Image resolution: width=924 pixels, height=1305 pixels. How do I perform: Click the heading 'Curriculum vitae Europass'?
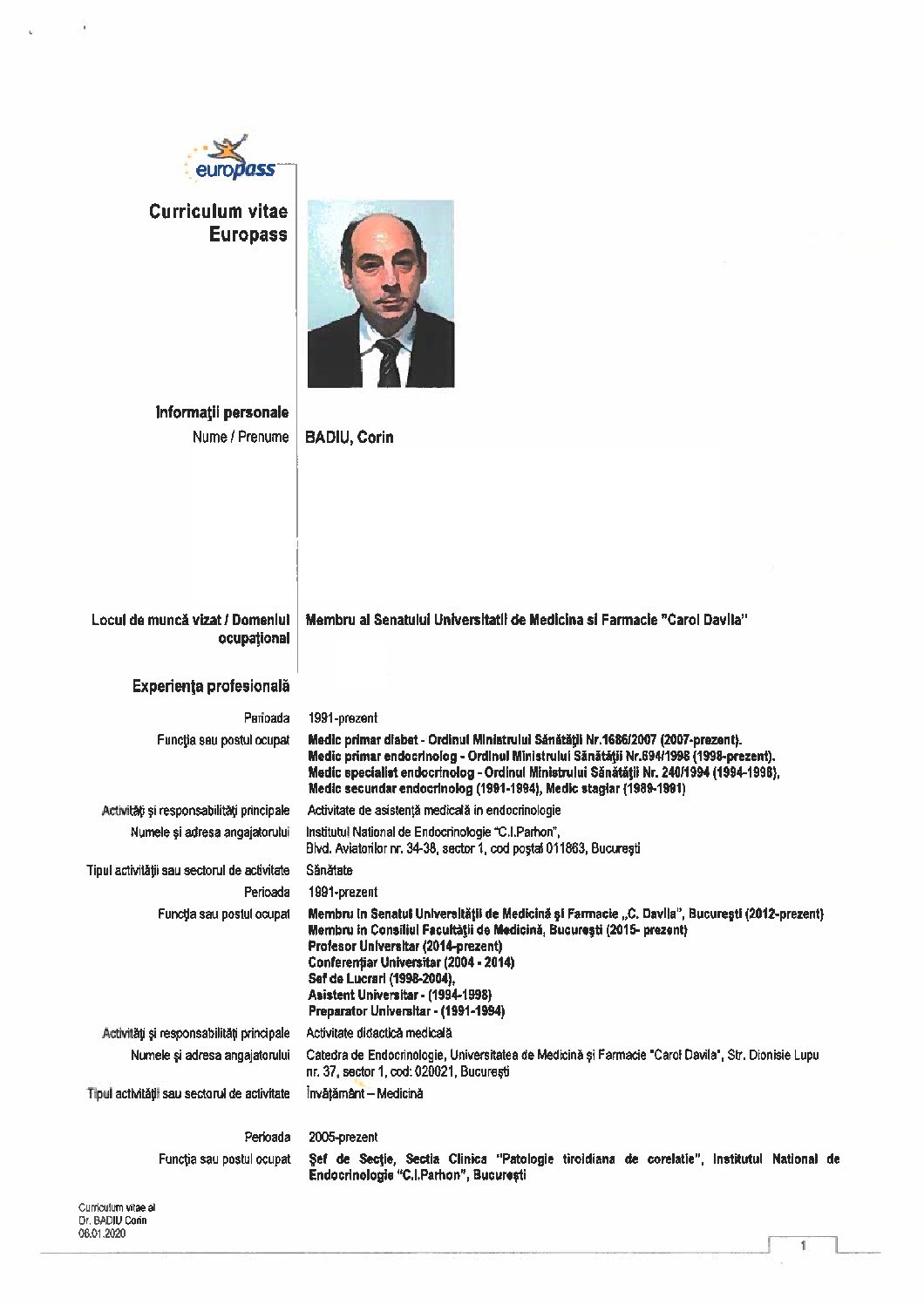pos(218,222)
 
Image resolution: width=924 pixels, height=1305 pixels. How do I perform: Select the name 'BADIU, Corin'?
pos(349,437)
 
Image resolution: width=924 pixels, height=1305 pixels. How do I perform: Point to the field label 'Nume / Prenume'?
pos(240,437)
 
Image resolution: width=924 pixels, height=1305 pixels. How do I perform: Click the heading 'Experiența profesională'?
pos(211,686)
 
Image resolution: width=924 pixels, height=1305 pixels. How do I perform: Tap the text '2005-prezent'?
pos(343,1137)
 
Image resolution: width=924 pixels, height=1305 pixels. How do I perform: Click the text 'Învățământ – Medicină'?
pos(364,1093)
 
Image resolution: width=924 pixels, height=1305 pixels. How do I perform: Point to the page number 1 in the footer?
pos(803,1246)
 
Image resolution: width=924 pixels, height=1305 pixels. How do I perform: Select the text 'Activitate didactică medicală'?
pos(379,1033)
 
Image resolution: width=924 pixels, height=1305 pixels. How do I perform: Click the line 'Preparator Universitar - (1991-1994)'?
pos(406,1011)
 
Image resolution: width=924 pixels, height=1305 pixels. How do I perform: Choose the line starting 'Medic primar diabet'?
pos(526,739)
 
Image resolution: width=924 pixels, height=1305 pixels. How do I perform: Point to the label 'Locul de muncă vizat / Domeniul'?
pos(190,620)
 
